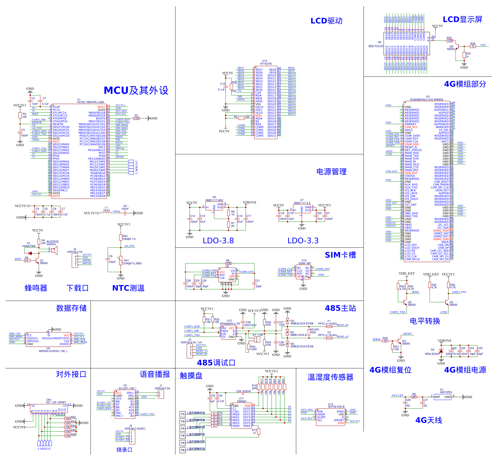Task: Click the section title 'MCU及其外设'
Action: [x=136, y=90]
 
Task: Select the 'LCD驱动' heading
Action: [x=326, y=21]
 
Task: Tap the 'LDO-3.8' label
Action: [x=218, y=240]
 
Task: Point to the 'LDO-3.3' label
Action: [x=303, y=240]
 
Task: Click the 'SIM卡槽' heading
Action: [x=340, y=255]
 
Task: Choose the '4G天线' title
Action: [x=429, y=420]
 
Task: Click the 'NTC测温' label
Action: [x=128, y=288]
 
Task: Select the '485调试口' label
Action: [x=216, y=363]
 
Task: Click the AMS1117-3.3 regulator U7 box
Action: [x=302, y=209]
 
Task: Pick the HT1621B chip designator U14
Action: [x=264, y=61]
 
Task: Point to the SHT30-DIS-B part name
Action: [x=336, y=407]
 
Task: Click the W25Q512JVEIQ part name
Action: [x=53, y=351]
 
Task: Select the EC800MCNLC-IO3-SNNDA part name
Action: [x=427, y=100]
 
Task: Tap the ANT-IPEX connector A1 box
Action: [x=443, y=397]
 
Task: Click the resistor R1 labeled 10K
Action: [x=137, y=118]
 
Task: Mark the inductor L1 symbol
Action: [x=106, y=213]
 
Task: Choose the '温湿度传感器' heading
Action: [x=330, y=377]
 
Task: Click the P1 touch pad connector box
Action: [x=183, y=414]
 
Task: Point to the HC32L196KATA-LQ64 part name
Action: [x=91, y=102]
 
